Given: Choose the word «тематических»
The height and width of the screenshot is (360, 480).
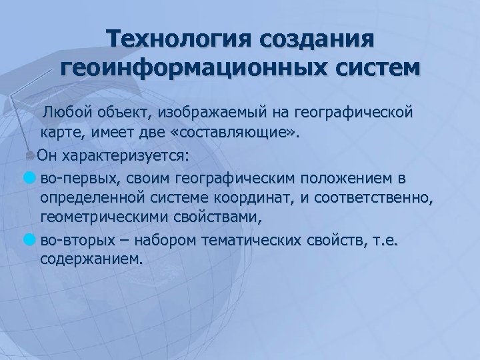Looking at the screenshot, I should click(253, 239).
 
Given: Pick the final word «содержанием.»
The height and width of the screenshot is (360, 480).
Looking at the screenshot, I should click(91, 259).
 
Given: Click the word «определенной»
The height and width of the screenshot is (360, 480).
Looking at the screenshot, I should click(97, 199).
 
